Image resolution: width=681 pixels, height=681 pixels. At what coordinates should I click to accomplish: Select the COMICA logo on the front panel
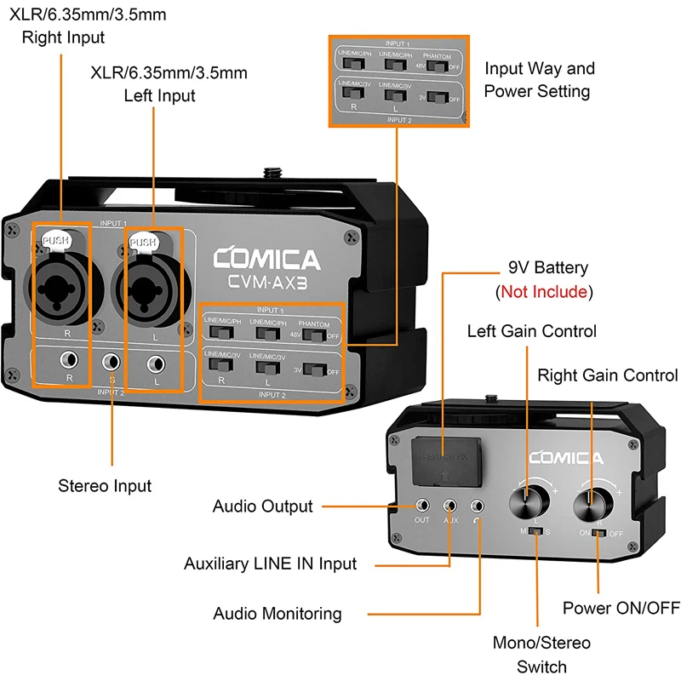pos(266,260)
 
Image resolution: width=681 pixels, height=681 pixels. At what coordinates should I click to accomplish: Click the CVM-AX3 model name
pos(266,283)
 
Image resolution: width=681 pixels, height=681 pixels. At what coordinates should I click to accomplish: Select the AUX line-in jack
pos(451,505)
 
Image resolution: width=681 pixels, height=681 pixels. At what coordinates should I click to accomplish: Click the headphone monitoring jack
pos(481,505)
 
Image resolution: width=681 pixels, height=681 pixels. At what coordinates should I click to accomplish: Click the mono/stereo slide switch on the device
pos(536,531)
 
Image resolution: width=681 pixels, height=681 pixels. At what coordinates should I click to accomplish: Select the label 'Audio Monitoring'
pos(278,613)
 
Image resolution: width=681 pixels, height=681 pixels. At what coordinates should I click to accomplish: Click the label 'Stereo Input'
pos(105,486)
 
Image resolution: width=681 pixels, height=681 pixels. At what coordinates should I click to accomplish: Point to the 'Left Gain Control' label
pos(532,330)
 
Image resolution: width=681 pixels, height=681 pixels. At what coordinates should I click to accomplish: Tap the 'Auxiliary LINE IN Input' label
pos(271,564)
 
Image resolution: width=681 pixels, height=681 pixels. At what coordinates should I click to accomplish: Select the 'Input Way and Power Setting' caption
pos(538,79)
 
